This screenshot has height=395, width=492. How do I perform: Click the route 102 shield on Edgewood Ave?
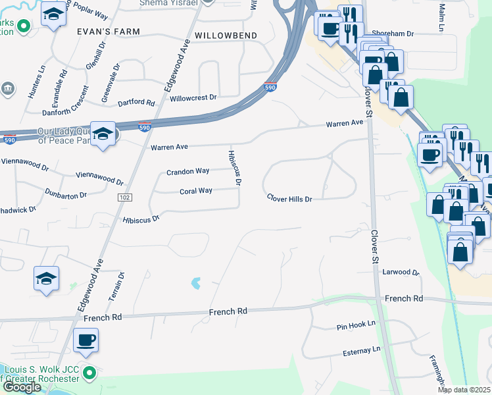pos(124,197)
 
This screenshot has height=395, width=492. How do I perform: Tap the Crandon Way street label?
pos(187,171)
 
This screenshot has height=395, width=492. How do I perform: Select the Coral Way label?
pos(196,191)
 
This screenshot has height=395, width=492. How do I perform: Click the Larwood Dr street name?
pos(401,271)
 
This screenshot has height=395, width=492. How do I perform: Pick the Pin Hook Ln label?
pos(355,324)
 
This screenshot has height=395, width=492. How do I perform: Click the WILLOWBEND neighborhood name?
pos(224,34)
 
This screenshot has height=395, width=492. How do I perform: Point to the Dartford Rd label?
pos(135,103)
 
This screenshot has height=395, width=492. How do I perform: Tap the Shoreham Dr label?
pos(393,33)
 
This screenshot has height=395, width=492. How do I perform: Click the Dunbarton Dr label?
pos(66,196)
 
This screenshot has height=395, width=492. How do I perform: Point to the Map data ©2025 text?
pos(464,390)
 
